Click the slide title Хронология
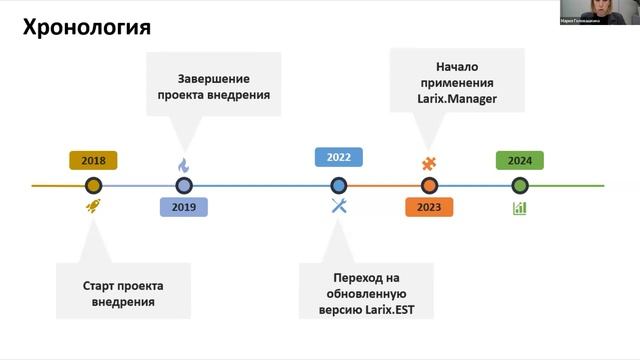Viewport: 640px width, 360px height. pyautogui.click(x=86, y=28)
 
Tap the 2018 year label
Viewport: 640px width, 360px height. pyautogui.click(x=93, y=160)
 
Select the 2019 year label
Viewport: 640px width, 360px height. pyautogui.click(x=184, y=207)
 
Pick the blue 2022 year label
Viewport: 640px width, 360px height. pyautogui.click(x=338, y=157)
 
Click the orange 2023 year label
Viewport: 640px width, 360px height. pyautogui.click(x=429, y=207)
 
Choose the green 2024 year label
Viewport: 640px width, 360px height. pyautogui.click(x=519, y=160)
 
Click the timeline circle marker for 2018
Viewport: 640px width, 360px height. pyautogui.click(x=94, y=185)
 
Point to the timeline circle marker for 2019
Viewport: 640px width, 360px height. pyautogui.click(x=184, y=185)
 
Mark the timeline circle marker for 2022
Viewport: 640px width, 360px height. pyautogui.click(x=338, y=185)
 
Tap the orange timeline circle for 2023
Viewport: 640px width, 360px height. pyautogui.click(x=429, y=185)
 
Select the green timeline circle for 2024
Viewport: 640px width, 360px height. pyautogui.click(x=520, y=185)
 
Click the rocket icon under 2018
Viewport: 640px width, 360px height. pyautogui.click(x=94, y=208)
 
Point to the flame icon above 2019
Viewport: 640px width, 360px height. pyautogui.click(x=184, y=165)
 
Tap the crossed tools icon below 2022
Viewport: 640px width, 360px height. pyautogui.click(x=338, y=207)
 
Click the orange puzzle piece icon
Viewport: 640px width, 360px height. pyautogui.click(x=429, y=163)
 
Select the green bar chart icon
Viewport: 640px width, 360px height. pyautogui.click(x=520, y=208)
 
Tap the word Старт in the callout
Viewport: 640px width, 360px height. pyautogui.click(x=100, y=285)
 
